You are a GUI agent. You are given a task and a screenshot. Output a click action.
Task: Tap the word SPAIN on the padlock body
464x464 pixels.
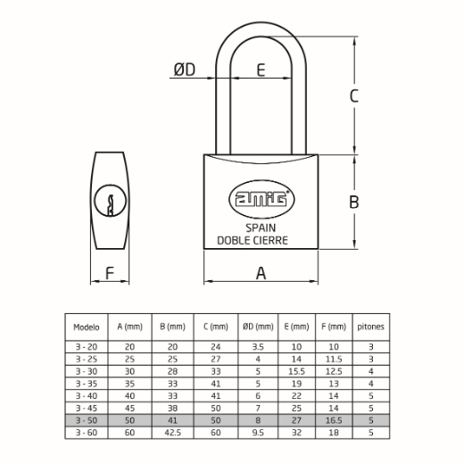[261, 228]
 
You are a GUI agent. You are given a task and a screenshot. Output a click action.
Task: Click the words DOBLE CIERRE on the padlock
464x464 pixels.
[253, 240]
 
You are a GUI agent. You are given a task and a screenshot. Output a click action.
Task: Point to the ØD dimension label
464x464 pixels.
[185, 70]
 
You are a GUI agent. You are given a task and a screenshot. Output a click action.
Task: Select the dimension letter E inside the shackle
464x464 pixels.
[261, 70]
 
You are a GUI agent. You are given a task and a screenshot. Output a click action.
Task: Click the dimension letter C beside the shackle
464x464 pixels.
[354, 95]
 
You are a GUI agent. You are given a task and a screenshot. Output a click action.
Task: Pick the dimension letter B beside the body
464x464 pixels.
[354, 202]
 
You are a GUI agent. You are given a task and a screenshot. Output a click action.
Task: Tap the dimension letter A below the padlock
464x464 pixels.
[261, 273]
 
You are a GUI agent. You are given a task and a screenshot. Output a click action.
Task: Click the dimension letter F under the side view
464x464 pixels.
[110, 273]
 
